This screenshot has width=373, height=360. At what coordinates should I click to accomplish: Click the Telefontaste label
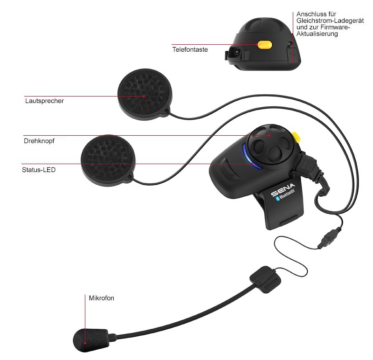190,49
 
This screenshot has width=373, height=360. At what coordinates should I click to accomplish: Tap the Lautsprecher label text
44,101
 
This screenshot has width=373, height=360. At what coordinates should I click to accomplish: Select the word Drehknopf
39,141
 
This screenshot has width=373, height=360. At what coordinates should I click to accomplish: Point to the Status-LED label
39,170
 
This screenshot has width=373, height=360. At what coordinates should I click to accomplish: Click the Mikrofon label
101,298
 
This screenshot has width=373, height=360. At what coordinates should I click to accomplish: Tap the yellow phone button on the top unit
265,45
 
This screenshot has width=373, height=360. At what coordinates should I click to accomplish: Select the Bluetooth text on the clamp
286,194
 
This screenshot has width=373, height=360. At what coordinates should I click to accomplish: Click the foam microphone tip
91,340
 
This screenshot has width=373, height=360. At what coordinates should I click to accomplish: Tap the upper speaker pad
145,94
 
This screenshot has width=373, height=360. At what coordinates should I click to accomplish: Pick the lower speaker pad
108,160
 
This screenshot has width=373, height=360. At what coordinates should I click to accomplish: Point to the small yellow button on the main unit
296,137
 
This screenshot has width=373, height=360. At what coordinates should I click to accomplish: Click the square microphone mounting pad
265,279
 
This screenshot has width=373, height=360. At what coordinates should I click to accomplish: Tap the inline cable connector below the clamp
330,238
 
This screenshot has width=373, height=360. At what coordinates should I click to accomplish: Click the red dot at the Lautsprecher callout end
144,97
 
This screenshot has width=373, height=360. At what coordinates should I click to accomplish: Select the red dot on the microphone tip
85,343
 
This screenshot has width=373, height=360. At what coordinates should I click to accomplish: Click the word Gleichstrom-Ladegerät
330,21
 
